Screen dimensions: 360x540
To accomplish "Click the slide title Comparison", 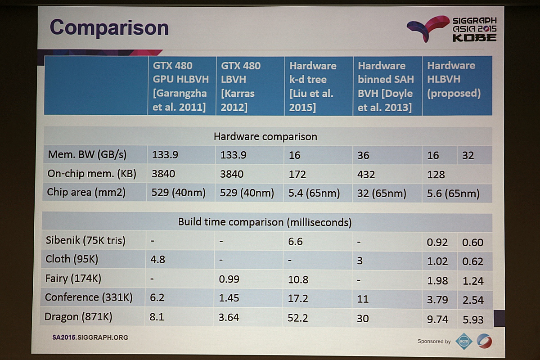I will pos(109,27).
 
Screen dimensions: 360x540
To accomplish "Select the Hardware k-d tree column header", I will pos(312,86).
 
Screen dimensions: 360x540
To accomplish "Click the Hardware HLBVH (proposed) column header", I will pos(454,79).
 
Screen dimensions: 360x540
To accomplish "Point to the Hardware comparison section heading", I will pos(265,136).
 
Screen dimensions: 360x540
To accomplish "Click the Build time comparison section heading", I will pos(265,222).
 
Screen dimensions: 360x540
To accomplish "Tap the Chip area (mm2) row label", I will pos(86,193).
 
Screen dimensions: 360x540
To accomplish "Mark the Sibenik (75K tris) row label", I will pos(85,240).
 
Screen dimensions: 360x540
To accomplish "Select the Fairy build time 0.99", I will pos(230,279).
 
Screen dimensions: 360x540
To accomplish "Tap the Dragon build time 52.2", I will pos(297,318).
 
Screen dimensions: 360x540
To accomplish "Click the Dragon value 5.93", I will pos(472,319).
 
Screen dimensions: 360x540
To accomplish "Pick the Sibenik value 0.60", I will pos(472,243).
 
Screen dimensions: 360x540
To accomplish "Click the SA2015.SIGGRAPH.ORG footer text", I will pos(90,337).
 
